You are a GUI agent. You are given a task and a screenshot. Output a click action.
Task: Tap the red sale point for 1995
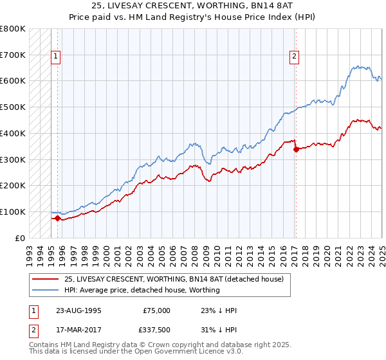pyautogui.click(x=57, y=218)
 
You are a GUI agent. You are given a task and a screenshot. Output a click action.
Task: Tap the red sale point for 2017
pyautogui.click(x=296, y=149)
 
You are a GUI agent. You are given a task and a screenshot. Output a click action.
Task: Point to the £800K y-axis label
pyautogui.click(x=13, y=29)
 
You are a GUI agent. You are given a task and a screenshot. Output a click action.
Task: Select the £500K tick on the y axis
pyautogui.click(x=13, y=107)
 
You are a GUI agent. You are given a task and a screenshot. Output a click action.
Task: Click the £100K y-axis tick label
pyautogui.click(x=13, y=212)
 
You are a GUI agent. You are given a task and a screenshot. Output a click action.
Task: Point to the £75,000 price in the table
pyautogui.click(x=157, y=310)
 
